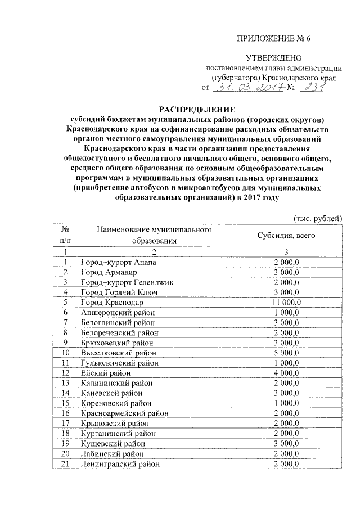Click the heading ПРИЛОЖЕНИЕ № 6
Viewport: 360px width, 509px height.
273,39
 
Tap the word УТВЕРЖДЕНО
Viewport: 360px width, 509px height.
274,58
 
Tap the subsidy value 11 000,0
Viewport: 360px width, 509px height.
289,303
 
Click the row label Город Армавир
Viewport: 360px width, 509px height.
108,273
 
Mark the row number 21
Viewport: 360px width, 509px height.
66,465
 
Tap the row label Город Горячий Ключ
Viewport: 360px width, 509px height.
119,292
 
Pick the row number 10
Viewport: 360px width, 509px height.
66,353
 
